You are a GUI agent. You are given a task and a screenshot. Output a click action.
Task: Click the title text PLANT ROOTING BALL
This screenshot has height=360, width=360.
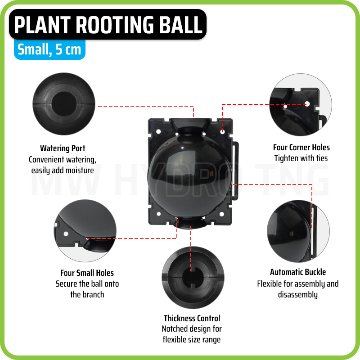[108, 25]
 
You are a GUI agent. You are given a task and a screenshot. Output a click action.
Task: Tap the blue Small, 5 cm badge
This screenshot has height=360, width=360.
[49, 49]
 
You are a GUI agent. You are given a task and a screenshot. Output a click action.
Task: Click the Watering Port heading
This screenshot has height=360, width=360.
[63, 148]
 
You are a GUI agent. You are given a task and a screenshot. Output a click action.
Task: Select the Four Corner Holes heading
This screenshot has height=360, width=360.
[301, 147]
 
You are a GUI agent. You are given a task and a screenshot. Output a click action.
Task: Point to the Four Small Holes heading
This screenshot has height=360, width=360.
[87, 273]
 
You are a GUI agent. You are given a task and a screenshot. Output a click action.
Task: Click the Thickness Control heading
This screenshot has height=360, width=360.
[192, 318]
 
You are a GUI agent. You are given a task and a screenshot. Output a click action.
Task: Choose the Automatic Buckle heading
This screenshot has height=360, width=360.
[298, 272]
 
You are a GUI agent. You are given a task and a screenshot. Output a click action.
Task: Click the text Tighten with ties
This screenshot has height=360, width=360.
[301, 158]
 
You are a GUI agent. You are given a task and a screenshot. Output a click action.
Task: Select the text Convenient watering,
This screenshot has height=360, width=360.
[63, 159]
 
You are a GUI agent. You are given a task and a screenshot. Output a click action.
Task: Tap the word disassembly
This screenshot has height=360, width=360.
[298, 295]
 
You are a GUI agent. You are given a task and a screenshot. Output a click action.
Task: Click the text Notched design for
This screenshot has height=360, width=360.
[192, 329]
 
